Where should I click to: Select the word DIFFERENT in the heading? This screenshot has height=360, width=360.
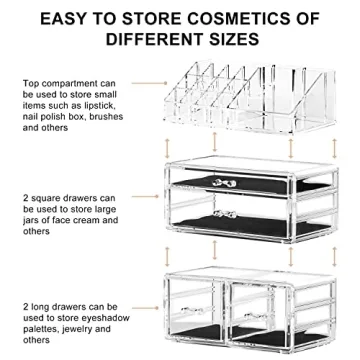pyautogui.click(x=150, y=42)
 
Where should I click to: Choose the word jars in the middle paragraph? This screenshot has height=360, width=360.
pyautogui.click(x=31, y=220)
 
